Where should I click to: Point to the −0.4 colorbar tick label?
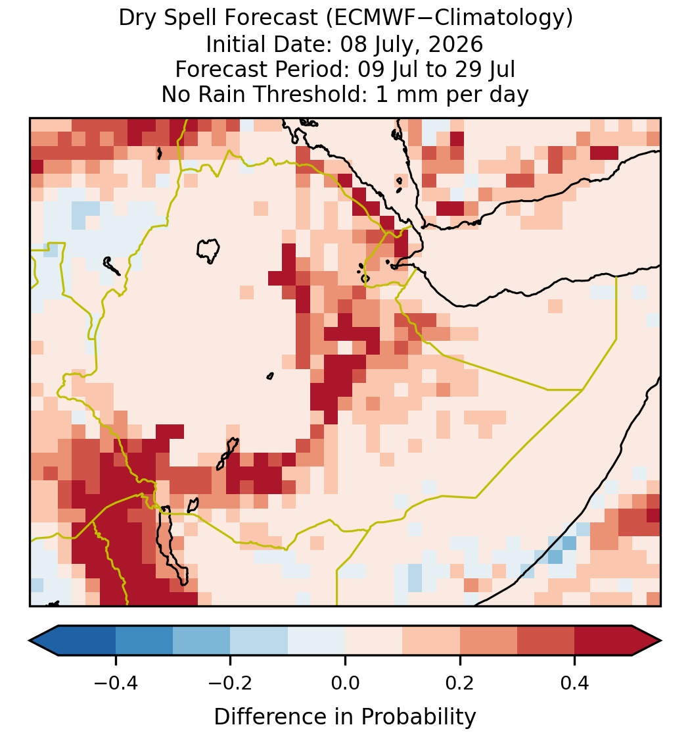116,682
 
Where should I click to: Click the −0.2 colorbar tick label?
231,682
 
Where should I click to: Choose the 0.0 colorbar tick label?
345,682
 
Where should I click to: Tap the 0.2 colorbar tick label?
460,682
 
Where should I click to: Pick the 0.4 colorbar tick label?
575,682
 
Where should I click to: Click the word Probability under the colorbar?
418,716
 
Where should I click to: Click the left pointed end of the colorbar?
30,641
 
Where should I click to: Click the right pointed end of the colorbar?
660,641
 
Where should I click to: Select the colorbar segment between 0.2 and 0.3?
489,641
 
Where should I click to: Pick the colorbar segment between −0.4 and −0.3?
145,641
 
